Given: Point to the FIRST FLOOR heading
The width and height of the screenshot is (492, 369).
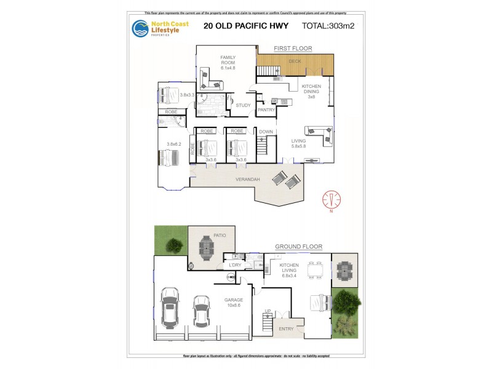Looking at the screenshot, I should [293, 48].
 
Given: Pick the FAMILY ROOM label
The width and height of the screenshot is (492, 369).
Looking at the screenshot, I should [228, 60].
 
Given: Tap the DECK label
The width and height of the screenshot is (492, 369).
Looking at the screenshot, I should [295, 61].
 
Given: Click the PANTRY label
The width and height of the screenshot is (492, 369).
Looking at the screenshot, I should [266, 110].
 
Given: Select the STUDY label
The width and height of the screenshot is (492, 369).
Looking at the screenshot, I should [243, 105].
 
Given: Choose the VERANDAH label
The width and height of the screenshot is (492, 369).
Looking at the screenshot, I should [248, 180].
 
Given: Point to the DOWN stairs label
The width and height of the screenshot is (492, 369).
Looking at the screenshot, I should [266, 132].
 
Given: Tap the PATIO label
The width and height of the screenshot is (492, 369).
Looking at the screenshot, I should [220, 235].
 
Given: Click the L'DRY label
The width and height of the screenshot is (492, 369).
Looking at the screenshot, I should [235, 265].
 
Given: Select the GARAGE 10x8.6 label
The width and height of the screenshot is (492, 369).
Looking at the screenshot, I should [234, 303].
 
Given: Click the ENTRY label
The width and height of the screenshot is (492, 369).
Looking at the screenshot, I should [287, 329].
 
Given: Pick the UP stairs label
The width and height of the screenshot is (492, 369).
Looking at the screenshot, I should [267, 311].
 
